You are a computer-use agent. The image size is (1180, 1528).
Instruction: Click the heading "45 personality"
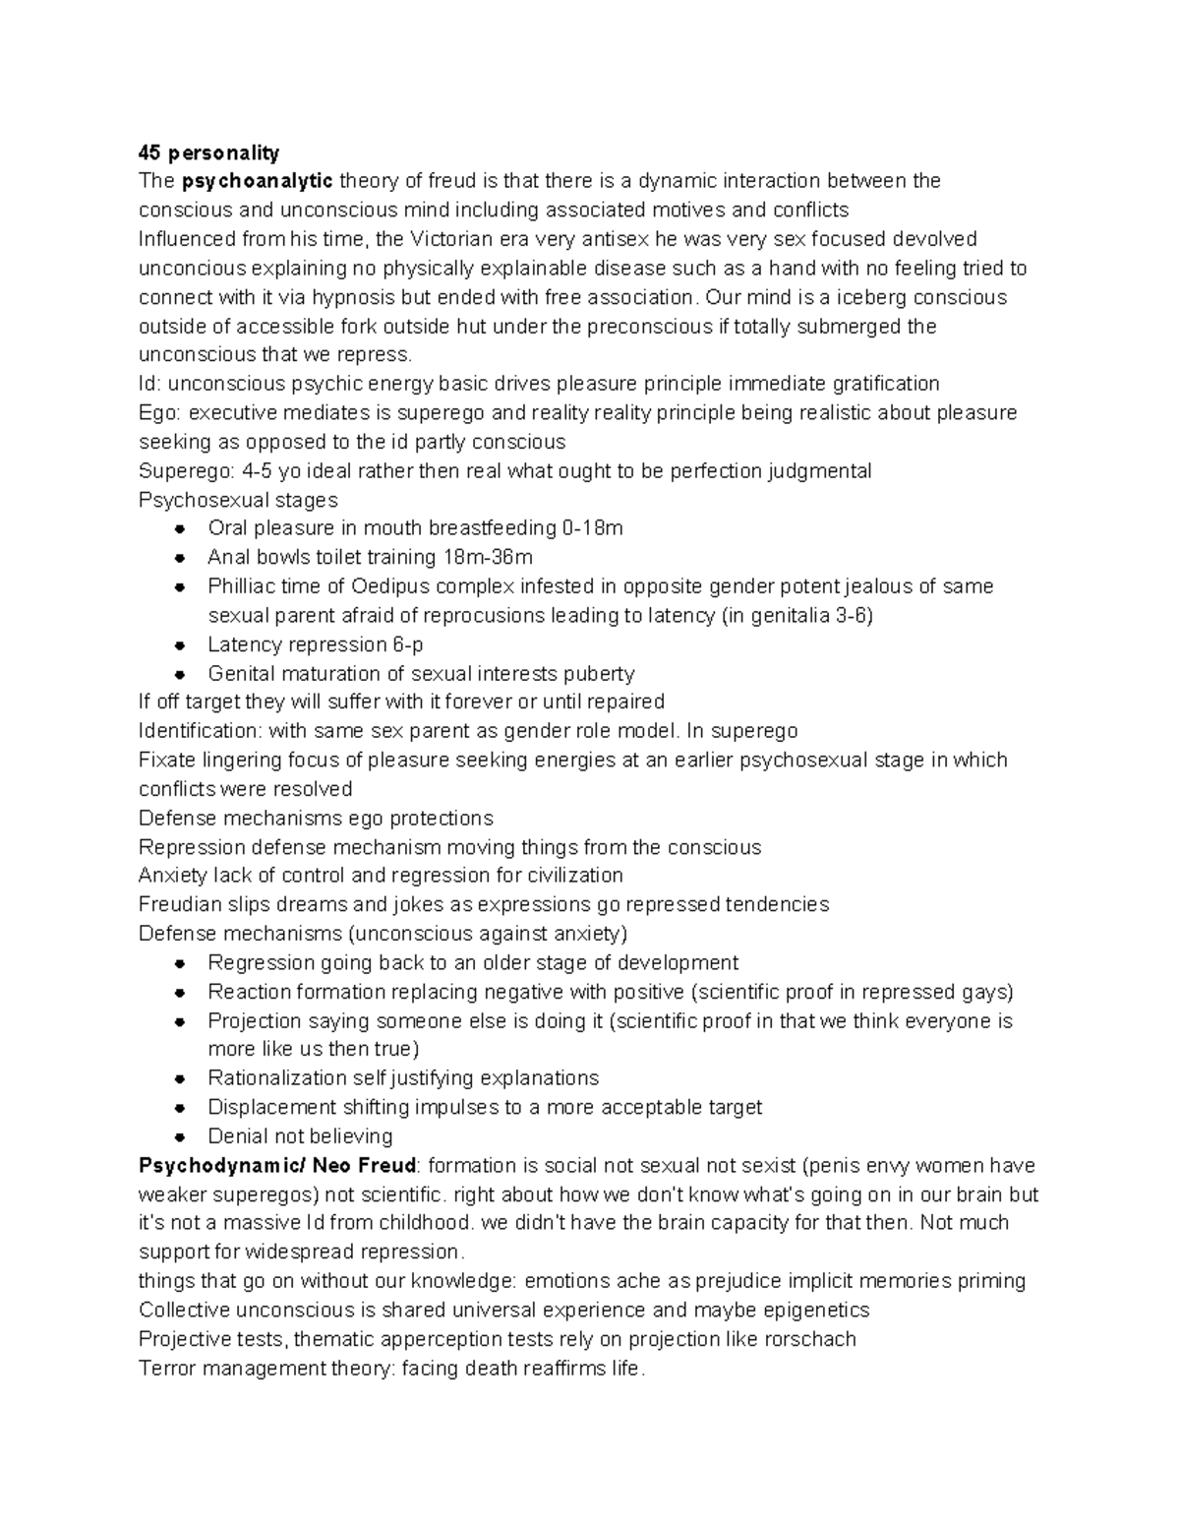208,153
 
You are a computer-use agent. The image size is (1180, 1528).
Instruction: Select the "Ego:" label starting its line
159,413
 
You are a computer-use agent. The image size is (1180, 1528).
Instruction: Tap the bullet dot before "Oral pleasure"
179,529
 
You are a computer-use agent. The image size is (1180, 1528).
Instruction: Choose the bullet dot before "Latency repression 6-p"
179,645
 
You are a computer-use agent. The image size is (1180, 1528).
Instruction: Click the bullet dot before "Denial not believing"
179,1136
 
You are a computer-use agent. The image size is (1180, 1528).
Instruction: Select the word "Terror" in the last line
165,1369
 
